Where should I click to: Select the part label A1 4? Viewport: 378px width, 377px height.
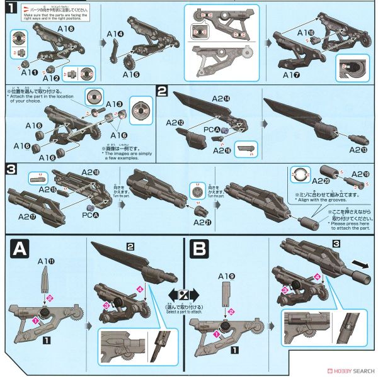tap(115, 33)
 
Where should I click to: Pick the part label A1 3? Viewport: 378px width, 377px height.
tap(114, 103)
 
